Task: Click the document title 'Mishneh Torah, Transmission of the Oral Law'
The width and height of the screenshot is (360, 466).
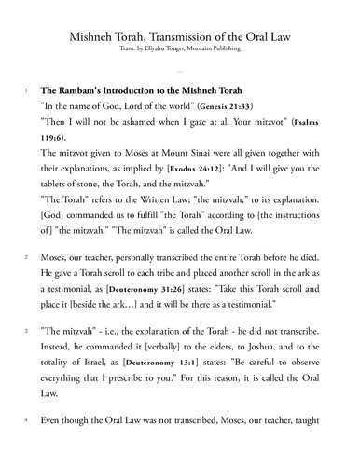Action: (x=180, y=34)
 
